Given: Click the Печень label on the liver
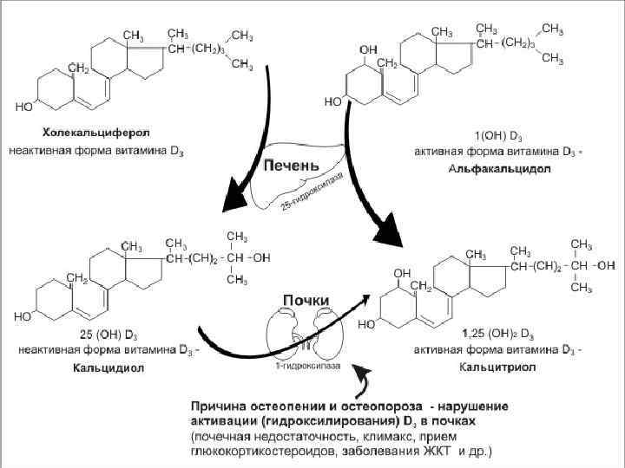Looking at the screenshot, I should [293, 164].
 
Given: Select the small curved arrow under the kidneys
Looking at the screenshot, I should [363, 381].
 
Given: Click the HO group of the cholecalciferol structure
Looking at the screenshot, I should [23, 107].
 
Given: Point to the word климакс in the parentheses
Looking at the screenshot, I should [382, 435].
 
